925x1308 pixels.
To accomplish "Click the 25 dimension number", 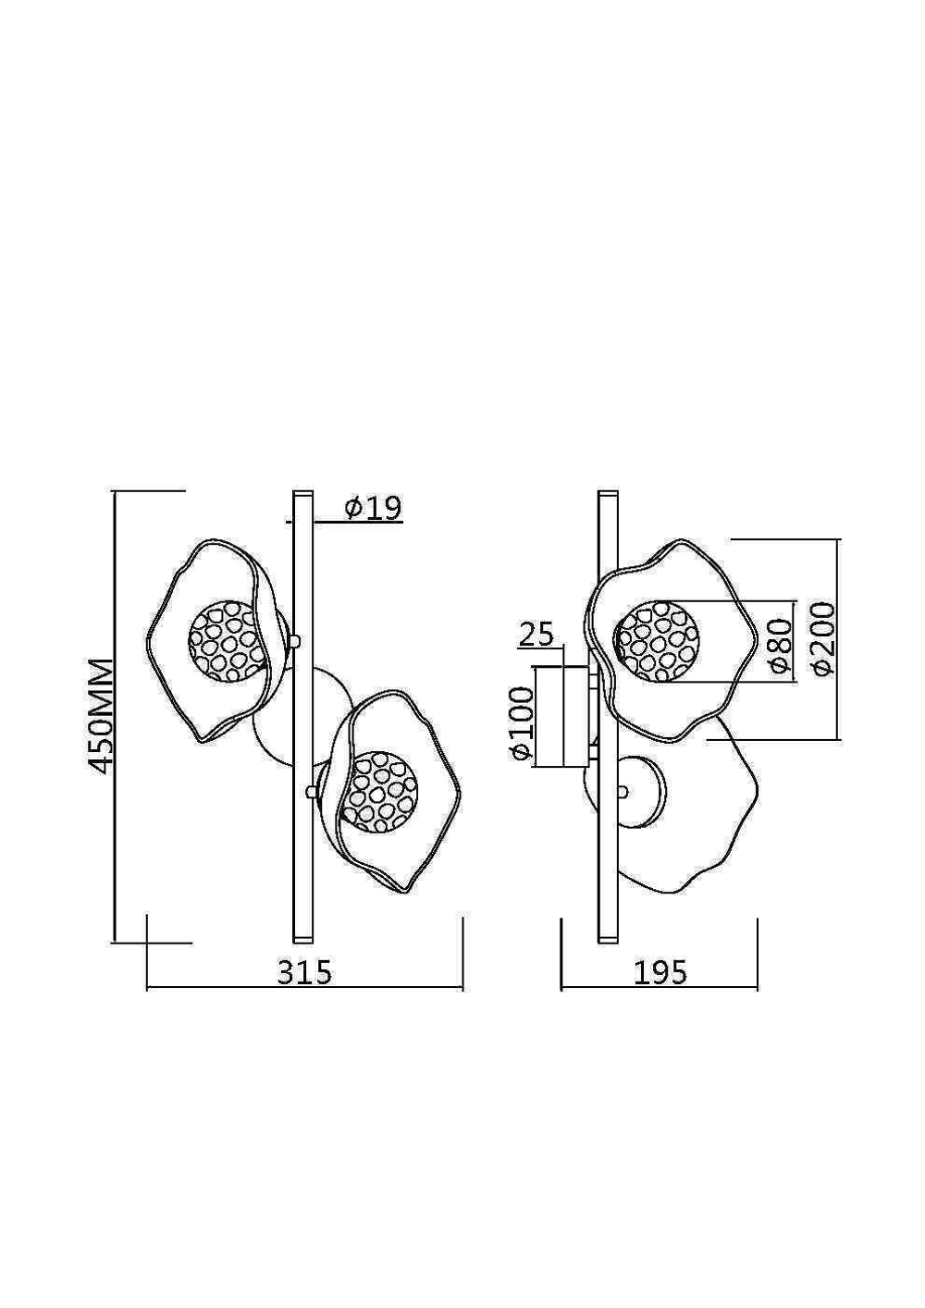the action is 536,634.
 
